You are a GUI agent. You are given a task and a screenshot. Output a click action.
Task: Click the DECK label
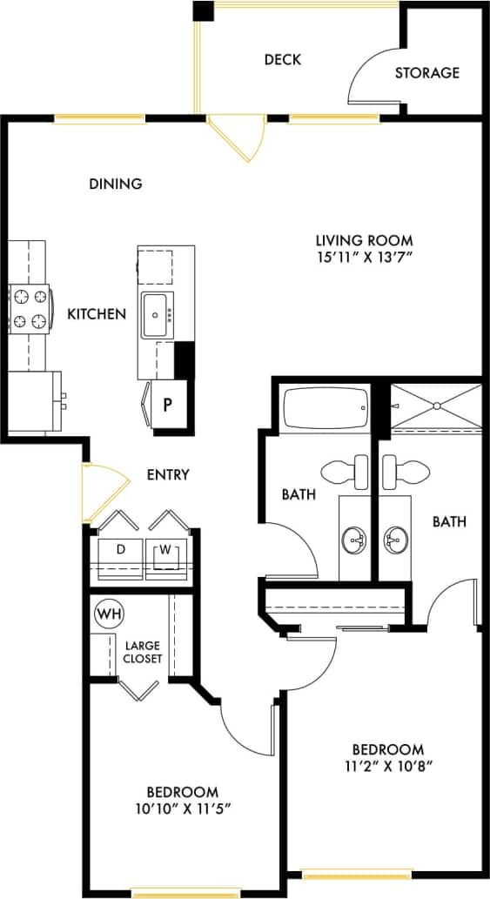pos(282,59)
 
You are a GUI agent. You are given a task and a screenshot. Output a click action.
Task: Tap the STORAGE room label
pos(426,73)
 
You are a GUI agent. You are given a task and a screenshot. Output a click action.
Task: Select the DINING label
pos(116,184)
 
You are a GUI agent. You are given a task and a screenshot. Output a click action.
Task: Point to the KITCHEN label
pos(97,314)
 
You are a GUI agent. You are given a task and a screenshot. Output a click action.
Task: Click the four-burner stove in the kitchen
pos(29,310)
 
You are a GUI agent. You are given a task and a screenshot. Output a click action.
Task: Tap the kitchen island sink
pos(158,316)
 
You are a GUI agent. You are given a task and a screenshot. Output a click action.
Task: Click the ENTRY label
pos(168,474)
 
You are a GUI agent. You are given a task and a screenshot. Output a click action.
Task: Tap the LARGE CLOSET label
pos(143,653)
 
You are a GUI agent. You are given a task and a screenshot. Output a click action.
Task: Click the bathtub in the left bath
pos(325,408)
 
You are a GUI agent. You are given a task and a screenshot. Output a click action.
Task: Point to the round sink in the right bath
pos(396,540)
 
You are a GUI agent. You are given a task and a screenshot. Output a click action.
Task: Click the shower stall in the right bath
pos(434,406)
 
